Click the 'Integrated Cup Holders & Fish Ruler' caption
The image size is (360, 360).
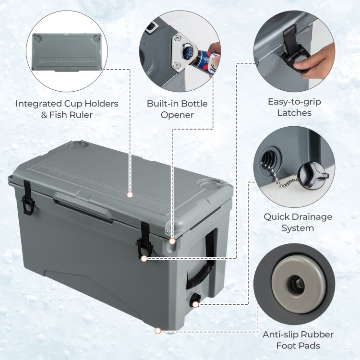(x=67, y=109)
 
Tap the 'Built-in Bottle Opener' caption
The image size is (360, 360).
(x=177, y=109)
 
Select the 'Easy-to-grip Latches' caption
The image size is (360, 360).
(x=295, y=107)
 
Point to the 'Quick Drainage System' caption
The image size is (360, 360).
(x=298, y=222)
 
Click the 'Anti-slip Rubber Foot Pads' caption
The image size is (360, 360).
(x=298, y=340)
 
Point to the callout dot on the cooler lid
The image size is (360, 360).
(x=130, y=194)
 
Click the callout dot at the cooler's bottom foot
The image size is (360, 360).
(x=158, y=330)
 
